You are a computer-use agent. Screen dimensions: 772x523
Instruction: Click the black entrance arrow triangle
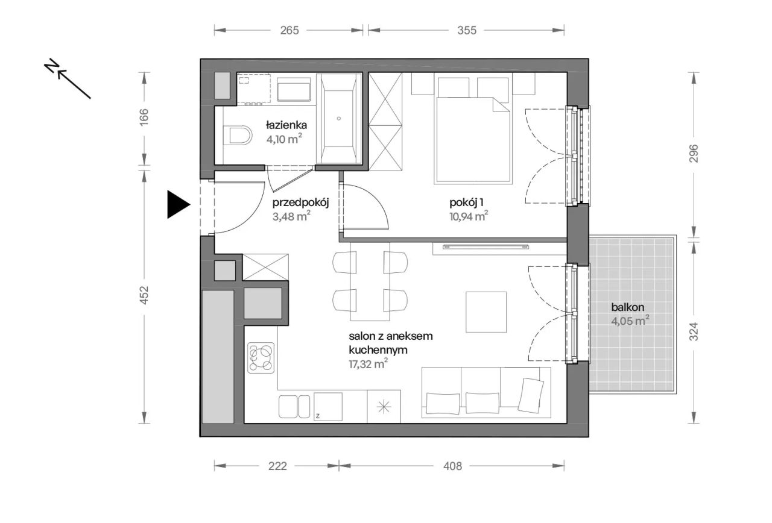coord(177,204)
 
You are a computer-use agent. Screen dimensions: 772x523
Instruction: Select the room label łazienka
coord(286,125)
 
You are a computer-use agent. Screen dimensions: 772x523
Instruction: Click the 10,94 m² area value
coord(469,216)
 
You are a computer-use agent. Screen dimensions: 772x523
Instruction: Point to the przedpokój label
coord(300,203)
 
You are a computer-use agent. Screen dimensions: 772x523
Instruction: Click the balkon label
coord(628,307)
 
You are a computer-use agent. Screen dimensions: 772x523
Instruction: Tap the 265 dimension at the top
coord(289,30)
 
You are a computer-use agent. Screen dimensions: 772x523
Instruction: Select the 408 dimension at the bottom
coord(452,466)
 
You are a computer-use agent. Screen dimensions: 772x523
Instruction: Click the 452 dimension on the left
coord(144,295)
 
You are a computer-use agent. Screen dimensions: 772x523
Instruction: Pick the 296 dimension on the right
coord(694,153)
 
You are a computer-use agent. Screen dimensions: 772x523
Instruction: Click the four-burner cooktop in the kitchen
coord(261,358)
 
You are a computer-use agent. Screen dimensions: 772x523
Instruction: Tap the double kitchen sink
coord(294,407)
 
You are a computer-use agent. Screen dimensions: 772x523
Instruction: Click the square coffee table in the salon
coord(486,312)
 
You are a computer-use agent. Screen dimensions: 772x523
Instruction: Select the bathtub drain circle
coord(339,119)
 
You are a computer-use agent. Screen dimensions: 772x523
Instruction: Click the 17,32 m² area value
coord(368,364)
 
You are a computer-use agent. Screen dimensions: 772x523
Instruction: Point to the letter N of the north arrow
coord(52,66)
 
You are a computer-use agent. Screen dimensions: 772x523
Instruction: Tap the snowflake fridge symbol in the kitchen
coord(384,407)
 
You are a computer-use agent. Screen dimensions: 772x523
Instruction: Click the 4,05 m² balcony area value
coord(630,321)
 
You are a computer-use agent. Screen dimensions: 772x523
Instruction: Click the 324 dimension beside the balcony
coord(694,331)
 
